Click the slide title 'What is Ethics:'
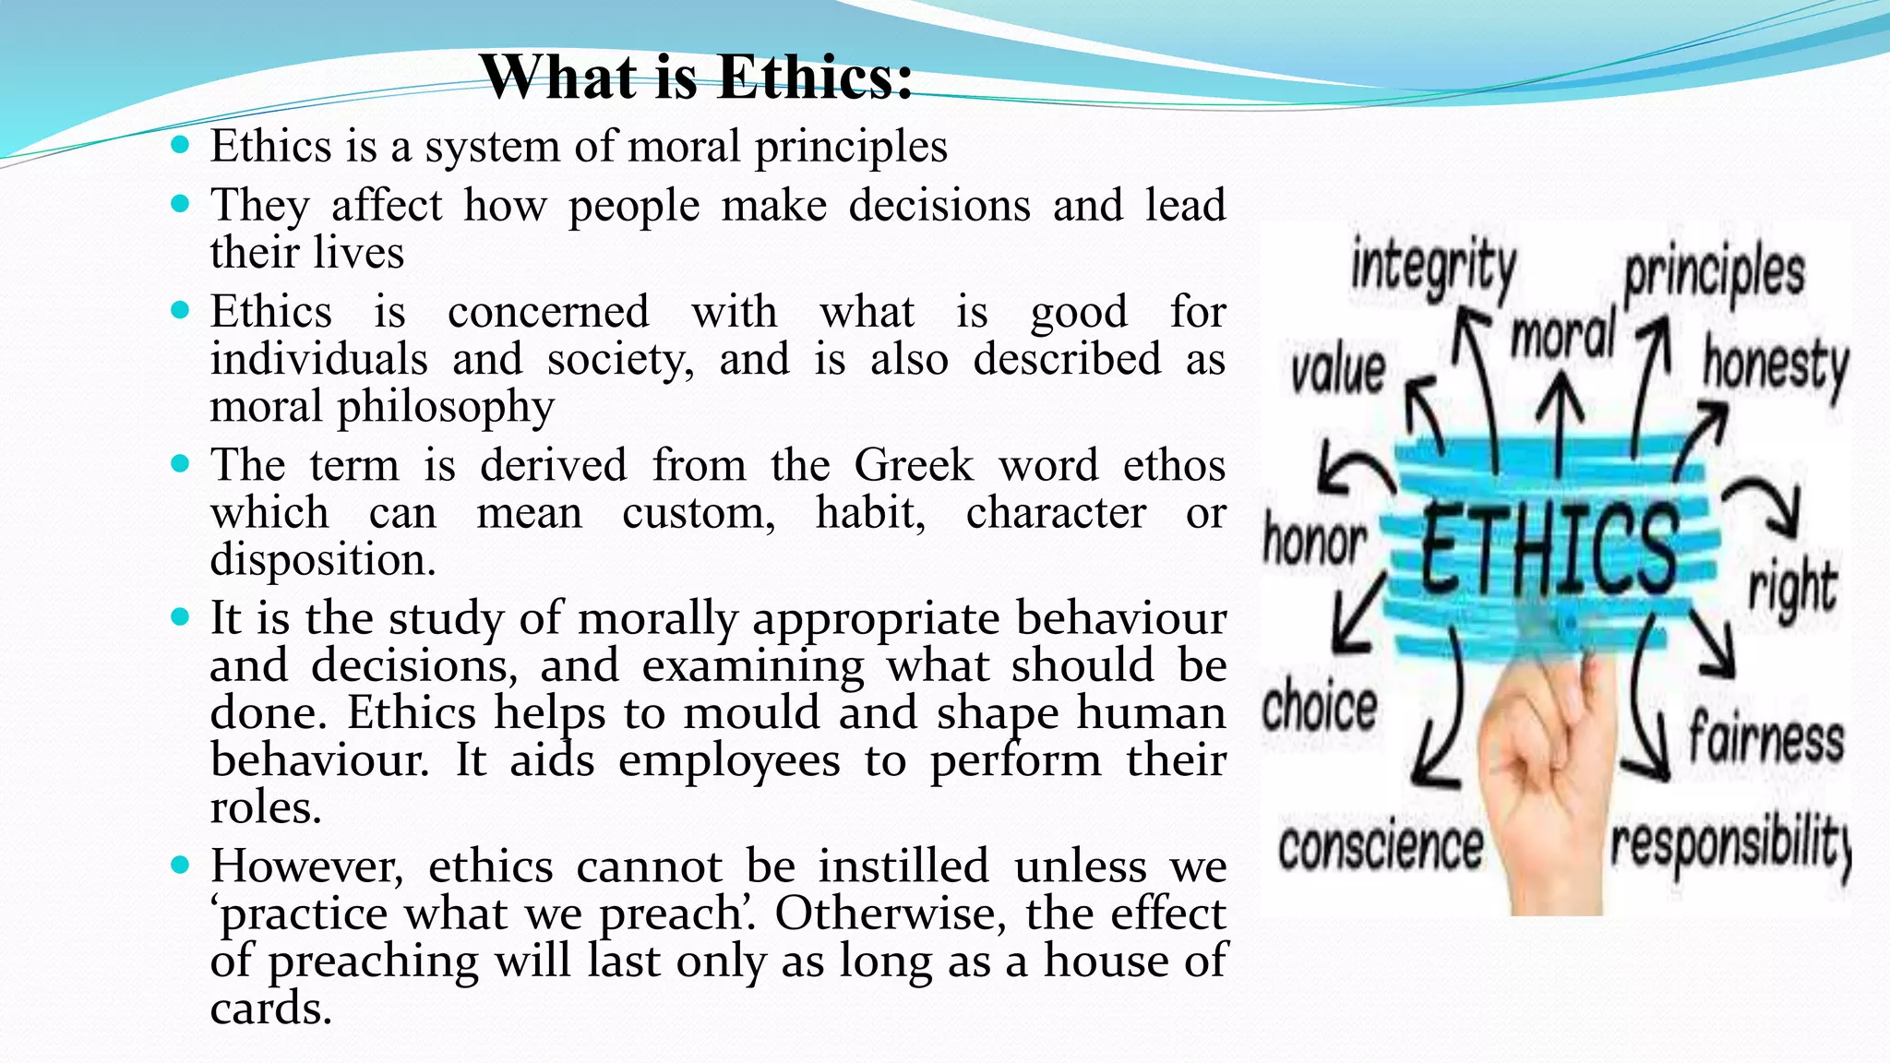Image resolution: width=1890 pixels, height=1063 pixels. click(x=696, y=78)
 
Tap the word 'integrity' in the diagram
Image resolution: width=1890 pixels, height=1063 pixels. click(x=1433, y=268)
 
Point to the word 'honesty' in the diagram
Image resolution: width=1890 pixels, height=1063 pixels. click(x=1776, y=365)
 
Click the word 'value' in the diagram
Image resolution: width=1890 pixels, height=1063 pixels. click(x=1337, y=371)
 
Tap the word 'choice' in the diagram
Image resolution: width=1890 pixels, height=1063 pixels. click(x=1320, y=707)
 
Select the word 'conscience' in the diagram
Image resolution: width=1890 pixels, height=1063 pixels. click(x=1381, y=846)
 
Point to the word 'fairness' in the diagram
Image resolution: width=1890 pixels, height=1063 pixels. click(x=1765, y=739)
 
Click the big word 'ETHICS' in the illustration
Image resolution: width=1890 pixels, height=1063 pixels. click(x=1549, y=550)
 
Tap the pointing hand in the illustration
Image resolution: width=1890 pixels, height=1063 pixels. click(x=1550, y=784)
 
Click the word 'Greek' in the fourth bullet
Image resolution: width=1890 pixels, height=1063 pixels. click(x=913, y=465)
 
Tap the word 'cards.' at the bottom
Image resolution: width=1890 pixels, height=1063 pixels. click(x=270, y=1008)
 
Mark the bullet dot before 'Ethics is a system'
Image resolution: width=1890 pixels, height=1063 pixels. click(x=180, y=145)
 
